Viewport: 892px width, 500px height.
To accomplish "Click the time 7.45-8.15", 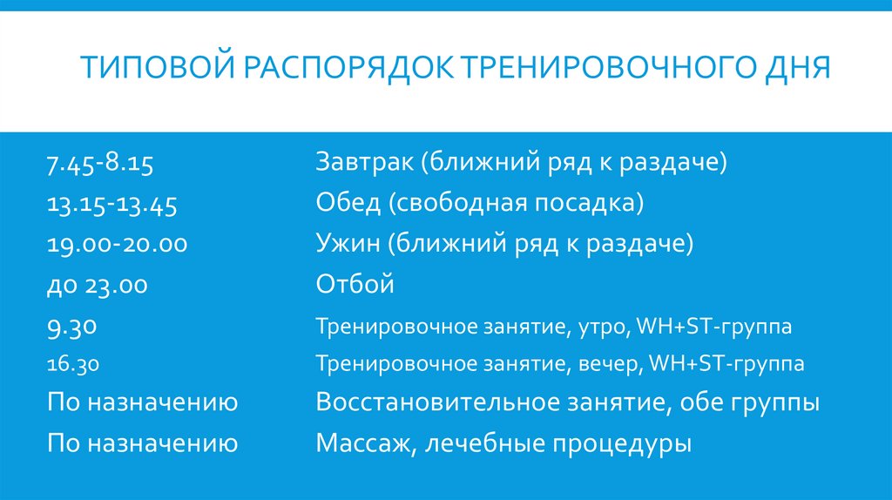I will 100,164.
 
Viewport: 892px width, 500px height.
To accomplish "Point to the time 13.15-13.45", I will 112,205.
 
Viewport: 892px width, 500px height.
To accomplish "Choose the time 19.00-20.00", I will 118,245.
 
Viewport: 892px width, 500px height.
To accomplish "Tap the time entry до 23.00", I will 98,285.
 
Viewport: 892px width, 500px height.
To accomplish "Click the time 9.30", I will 71,327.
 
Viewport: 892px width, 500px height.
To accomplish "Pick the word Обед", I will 348,205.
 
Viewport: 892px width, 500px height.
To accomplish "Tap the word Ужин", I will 348,245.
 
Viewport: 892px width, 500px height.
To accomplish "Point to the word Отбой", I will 355,285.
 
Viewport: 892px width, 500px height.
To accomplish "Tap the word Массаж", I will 358,444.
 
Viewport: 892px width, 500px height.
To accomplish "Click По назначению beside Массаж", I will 143,444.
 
